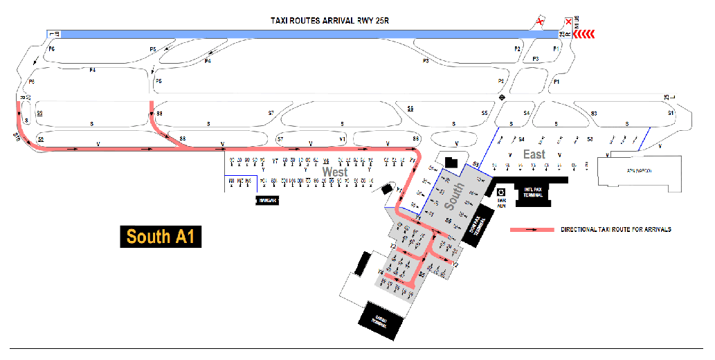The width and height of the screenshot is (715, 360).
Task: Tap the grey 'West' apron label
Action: [x=335, y=171]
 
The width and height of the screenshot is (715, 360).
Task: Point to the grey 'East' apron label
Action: [x=534, y=154]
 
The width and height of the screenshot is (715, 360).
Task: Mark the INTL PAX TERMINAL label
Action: [x=533, y=195]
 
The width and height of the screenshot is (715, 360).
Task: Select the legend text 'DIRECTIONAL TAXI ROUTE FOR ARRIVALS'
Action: [x=616, y=229]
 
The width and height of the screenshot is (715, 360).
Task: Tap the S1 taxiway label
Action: [x=671, y=113]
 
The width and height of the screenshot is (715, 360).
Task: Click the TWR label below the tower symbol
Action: [x=503, y=203]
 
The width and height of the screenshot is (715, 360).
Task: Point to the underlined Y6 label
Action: [x=325, y=161]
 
